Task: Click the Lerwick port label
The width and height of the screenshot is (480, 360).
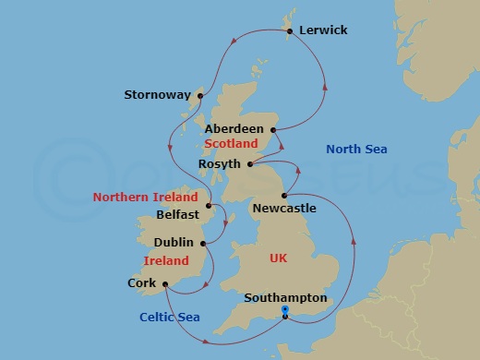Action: tap(322, 30)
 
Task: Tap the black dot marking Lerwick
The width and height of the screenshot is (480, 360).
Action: tap(291, 31)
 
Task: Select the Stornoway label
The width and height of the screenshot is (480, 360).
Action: tap(157, 94)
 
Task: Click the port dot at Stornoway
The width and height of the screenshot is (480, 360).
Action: tap(199, 93)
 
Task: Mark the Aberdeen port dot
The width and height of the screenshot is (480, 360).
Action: tap(272, 129)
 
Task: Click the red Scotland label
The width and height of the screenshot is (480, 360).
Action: tap(230, 144)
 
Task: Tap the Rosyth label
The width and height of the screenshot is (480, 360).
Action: tap(219, 164)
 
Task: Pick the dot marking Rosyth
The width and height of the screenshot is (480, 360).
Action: tap(249, 164)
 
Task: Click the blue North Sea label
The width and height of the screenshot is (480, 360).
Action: tap(357, 150)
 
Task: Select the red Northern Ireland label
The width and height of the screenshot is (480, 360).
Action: tap(145, 198)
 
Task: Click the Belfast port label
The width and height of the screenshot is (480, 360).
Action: tap(177, 213)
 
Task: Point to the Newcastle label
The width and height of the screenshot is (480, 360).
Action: tap(284, 209)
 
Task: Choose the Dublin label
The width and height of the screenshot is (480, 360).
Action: tap(174, 243)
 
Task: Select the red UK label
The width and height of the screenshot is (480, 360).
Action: tap(278, 258)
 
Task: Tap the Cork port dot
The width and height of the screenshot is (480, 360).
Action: tap(163, 284)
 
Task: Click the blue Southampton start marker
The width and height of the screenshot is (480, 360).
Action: tap(284, 311)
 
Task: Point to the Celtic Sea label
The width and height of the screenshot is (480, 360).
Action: tap(169, 318)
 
